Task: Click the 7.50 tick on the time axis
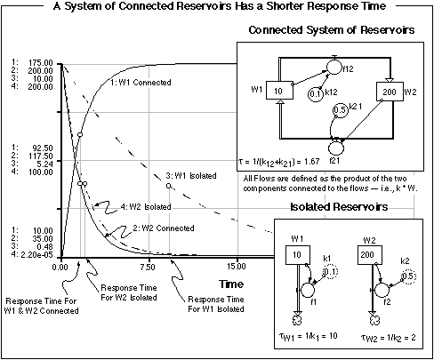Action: pos(148,267)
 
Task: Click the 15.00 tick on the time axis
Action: pos(237,267)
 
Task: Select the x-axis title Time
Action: pos(231,284)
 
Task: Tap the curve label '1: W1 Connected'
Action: pos(141,83)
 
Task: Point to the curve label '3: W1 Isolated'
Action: pos(191,176)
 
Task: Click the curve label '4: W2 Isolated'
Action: pos(146,206)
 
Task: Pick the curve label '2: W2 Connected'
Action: pos(164,228)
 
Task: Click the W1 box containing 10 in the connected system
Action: pos(279,91)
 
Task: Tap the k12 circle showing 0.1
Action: pos(316,94)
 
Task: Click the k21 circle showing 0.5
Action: pos(340,110)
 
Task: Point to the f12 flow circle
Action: pos(334,68)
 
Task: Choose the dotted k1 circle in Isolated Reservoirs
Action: pos(330,272)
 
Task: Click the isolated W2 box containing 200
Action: pos(370,255)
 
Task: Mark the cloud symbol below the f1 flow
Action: pos(297,320)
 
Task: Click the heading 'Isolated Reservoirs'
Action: pos(339,206)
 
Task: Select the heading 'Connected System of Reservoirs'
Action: pos(332,30)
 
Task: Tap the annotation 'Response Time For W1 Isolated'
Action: pos(216,304)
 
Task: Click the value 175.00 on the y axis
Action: pos(41,63)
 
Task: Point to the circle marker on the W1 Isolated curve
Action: pos(168,186)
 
